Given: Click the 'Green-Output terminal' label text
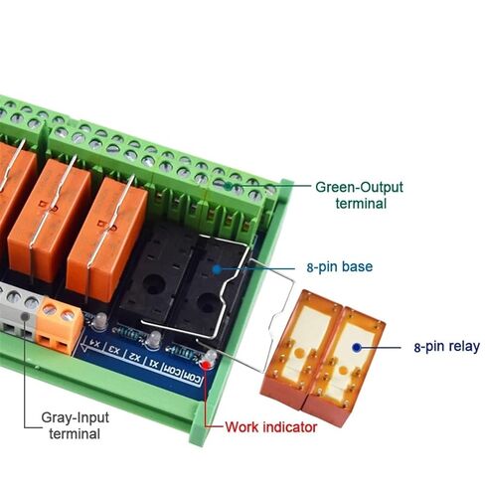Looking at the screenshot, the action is click(x=360, y=196).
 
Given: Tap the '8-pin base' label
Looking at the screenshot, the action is click(x=340, y=266).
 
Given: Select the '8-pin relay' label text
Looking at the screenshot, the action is click(x=447, y=347).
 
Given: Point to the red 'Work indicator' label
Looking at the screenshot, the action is click(x=271, y=427).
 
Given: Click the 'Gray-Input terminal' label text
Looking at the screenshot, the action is click(x=75, y=425).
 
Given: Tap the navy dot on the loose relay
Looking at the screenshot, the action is click(x=357, y=348).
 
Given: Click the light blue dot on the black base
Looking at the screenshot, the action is click(x=217, y=269).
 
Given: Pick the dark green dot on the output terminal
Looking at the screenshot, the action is click(x=229, y=187).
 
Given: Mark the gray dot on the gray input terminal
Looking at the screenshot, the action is click(x=25, y=317).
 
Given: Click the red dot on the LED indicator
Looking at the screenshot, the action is click(x=207, y=365).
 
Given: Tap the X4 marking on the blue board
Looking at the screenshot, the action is click(x=95, y=344).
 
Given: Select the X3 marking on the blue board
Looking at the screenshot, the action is click(x=115, y=350).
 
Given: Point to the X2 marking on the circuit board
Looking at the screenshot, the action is click(x=135, y=357).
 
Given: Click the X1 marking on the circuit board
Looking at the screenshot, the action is click(x=154, y=363).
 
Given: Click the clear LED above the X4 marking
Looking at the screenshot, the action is click(x=99, y=322).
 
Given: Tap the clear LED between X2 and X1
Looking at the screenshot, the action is click(x=153, y=340).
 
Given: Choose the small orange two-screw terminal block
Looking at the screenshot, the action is click(x=59, y=325).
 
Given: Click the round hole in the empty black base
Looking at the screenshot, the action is click(x=154, y=284).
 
